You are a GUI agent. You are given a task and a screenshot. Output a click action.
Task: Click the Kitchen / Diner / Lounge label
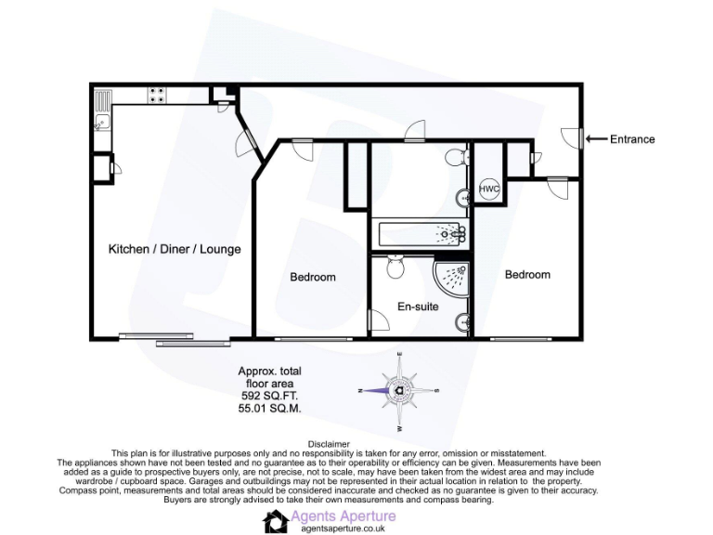coord(175,249)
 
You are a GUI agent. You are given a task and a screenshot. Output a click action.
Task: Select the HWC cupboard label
coord(489,189)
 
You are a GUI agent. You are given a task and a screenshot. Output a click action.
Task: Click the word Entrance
coord(632,139)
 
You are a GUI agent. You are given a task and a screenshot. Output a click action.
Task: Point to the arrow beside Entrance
coord(595,139)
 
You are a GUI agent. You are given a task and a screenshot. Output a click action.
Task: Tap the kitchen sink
coord(100,120)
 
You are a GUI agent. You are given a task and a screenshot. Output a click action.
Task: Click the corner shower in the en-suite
coord(453,275)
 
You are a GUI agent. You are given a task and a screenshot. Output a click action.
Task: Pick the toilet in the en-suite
coord(395,268)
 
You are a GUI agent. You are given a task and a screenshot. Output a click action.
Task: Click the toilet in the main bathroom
coord(454,159)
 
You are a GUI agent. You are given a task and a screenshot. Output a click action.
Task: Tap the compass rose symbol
coord(398,390)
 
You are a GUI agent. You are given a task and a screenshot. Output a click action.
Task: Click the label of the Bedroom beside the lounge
coord(313,277)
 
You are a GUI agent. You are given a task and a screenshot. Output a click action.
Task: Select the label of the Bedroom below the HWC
coord(527,274)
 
